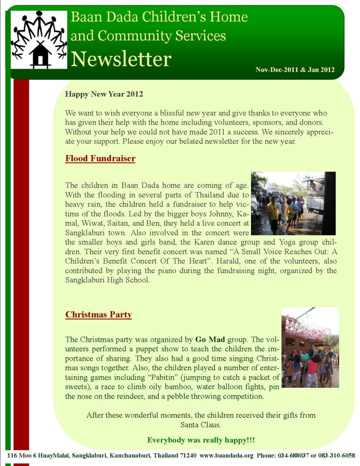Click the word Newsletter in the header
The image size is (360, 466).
[x=121, y=59]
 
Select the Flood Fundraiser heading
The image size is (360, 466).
[x=100, y=158]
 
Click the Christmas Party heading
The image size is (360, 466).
[x=98, y=314]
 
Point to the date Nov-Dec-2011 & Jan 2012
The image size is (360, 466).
[x=295, y=70]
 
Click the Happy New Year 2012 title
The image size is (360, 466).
[x=104, y=94]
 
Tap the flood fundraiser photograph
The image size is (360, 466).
[x=293, y=203]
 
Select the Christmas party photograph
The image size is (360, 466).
[x=310, y=347]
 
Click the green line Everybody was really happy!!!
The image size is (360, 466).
[x=201, y=440]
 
